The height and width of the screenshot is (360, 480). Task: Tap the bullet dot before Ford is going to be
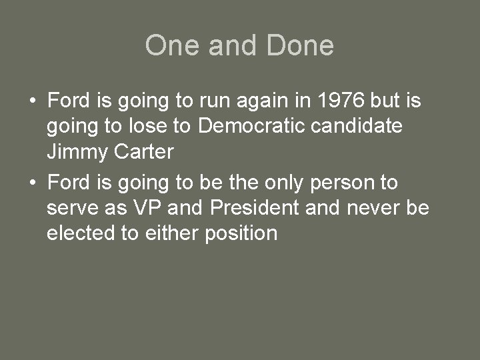coord(33,182)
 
